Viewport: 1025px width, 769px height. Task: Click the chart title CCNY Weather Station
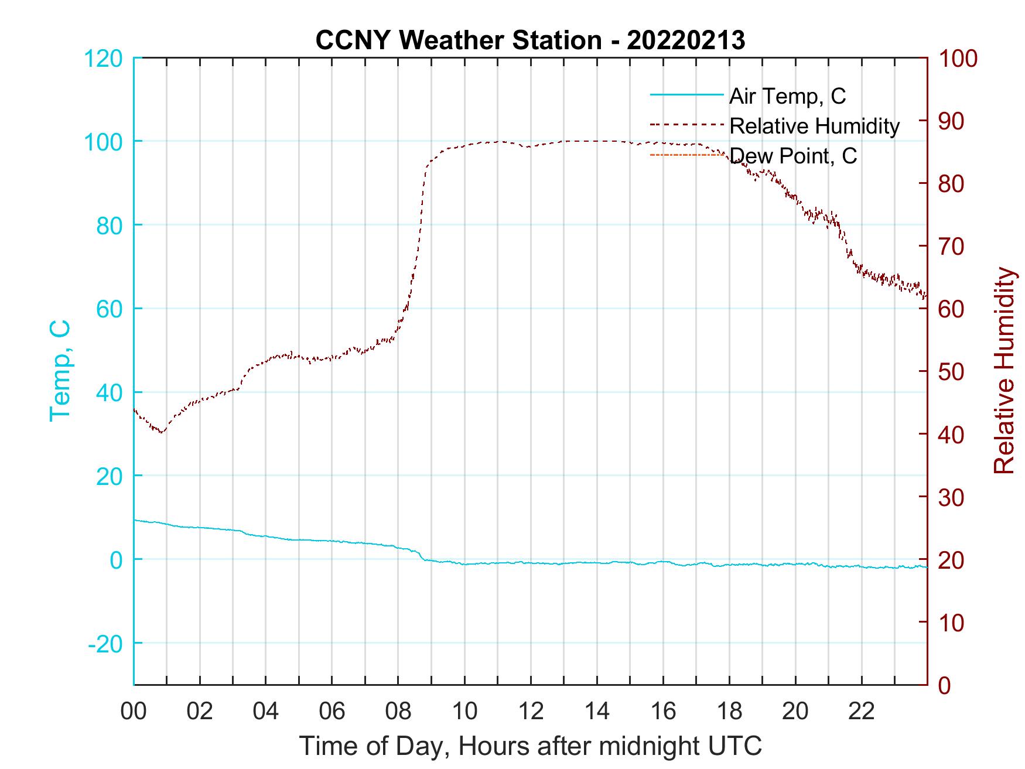pos(530,40)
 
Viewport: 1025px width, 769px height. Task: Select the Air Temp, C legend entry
pos(787,96)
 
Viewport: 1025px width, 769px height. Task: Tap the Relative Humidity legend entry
pos(814,126)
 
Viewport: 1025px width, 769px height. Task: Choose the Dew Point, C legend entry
pos(794,156)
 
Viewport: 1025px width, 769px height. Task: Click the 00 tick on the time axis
pos(134,712)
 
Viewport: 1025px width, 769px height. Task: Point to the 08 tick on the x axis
pos(398,712)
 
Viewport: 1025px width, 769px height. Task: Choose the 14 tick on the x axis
pos(597,712)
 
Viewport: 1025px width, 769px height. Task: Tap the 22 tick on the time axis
pos(862,712)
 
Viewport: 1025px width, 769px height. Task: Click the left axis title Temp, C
pos(60,371)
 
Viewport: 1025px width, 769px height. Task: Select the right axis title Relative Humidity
pos(1004,371)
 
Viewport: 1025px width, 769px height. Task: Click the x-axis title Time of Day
pos(530,746)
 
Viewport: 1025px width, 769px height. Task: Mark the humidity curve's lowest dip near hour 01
pos(162,432)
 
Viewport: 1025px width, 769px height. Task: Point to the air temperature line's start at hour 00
pos(135,520)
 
